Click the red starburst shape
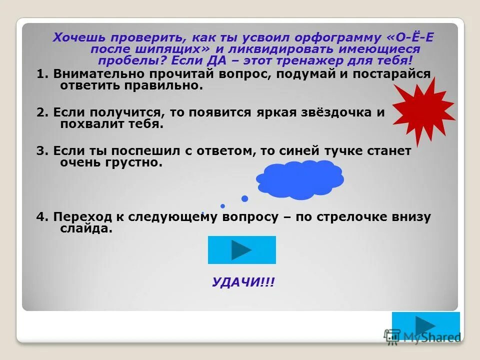coord(423,108)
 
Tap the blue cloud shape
coord(300,179)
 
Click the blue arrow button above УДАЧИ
coord(241,249)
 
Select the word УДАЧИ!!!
coord(243,282)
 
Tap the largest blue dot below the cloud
coord(244,198)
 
